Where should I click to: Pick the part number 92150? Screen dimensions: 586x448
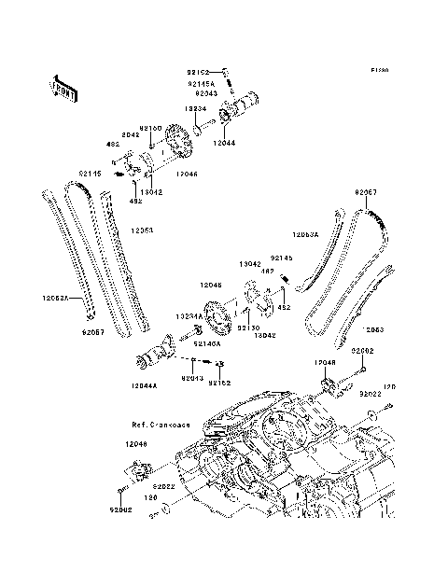[x=151, y=128]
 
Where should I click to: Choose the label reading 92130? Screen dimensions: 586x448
[x=248, y=328]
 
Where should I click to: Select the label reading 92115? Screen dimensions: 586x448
[x=90, y=173]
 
